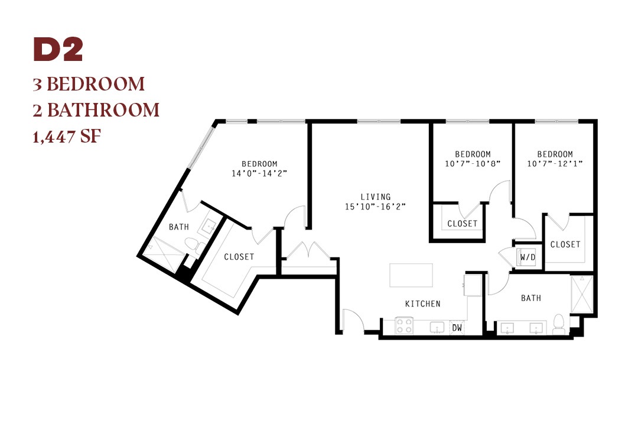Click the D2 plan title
click(58, 50)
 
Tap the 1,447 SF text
click(67, 136)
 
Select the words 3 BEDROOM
click(89, 84)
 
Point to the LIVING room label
click(376, 196)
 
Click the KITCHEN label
click(423, 304)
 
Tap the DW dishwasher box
click(457, 327)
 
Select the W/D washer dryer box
click(528, 257)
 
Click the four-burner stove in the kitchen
click(405, 326)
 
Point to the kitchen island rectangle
click(411, 275)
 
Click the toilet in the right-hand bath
click(559, 324)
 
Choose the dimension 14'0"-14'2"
click(259, 173)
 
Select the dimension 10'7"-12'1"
click(555, 163)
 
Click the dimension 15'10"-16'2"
click(376, 206)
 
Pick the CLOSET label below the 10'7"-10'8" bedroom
click(462, 224)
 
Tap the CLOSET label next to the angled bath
click(239, 257)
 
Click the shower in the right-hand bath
click(582, 294)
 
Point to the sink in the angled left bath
click(210, 226)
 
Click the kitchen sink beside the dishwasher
click(437, 327)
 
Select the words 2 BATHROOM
click(96, 110)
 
